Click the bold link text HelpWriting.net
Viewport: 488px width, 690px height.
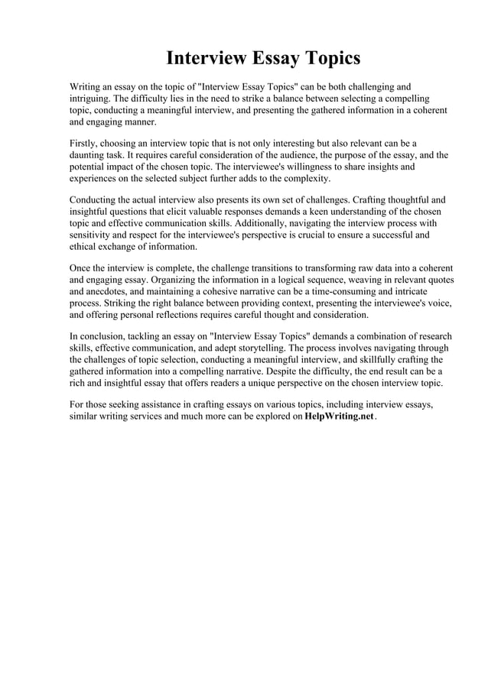point(339,416)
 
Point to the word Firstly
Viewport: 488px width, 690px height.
point(86,143)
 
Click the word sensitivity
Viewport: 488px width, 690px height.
point(94,235)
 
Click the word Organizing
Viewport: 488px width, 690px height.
point(175,280)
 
